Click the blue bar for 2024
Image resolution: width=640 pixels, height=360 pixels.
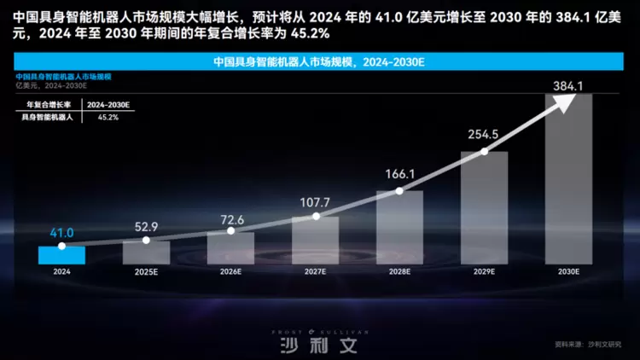[x=61, y=255]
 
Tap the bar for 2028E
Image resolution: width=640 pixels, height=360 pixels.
[x=400, y=227]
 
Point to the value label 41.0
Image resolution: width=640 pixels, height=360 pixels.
[x=61, y=232]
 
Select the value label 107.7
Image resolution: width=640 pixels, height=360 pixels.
[x=317, y=205]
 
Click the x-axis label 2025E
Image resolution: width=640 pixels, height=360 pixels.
[x=146, y=271]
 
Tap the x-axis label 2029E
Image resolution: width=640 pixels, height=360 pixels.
[x=484, y=271]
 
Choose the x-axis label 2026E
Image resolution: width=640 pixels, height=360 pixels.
[x=230, y=271]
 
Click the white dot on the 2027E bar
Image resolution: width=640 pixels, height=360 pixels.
[x=316, y=217]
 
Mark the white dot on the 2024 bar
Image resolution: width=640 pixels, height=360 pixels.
[x=61, y=246]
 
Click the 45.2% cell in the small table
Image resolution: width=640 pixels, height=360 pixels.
[x=108, y=117]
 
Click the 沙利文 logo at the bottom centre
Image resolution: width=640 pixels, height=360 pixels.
[x=319, y=345]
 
